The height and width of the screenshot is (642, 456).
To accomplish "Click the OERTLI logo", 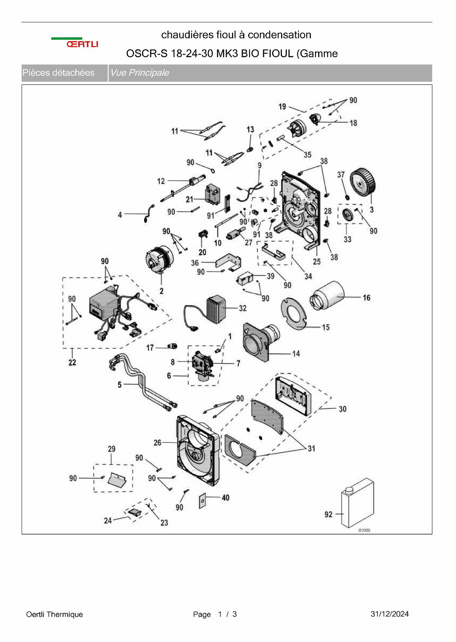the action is point(75,43).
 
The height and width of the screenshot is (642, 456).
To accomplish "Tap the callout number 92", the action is point(328,514).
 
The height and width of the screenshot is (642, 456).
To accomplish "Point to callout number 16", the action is point(366,297).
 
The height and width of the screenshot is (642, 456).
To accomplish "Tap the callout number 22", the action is point(72,362).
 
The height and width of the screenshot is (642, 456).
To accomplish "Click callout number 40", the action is point(225,498).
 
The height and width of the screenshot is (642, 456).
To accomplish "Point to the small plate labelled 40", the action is point(202,501).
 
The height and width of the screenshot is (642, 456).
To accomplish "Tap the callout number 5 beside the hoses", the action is point(120,385).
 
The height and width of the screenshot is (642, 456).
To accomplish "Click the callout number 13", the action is point(250,130).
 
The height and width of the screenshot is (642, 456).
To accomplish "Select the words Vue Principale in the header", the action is point(139,72).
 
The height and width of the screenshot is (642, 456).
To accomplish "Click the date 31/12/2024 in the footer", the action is point(390,614).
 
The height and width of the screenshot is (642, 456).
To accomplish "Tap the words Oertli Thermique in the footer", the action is point(54,614).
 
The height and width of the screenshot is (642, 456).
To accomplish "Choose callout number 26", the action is point(157,443).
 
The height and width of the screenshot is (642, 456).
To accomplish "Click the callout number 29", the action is point(111,449).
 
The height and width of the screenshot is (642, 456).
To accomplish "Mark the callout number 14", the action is point(296,354).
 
